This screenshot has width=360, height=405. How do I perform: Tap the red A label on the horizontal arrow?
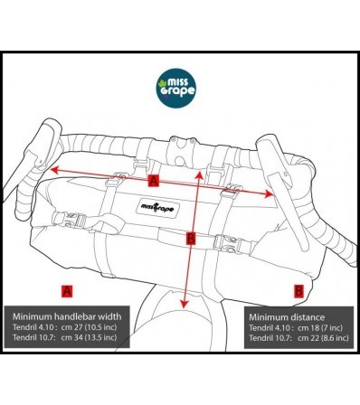[x=153, y=182]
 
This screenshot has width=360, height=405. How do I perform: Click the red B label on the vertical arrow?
[x=189, y=239]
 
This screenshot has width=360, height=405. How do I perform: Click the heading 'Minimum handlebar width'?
[x=67, y=317]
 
